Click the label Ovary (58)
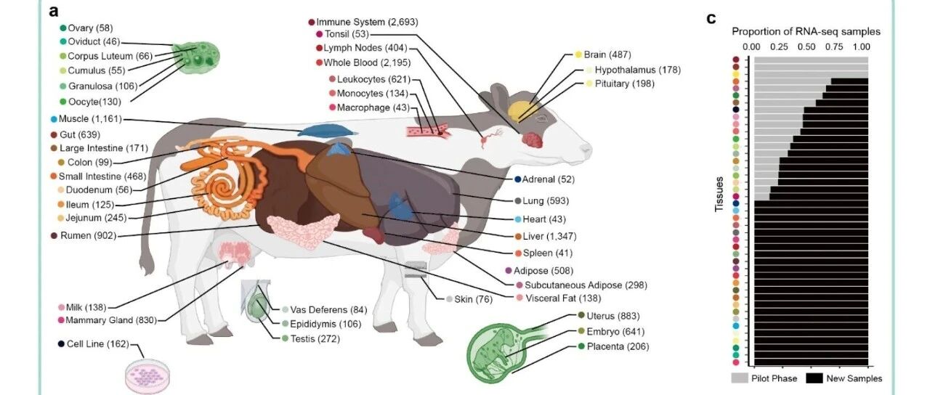point(90,28)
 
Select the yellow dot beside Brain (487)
point(578,54)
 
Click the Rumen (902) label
point(88,236)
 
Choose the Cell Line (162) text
point(98,344)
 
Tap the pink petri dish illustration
point(147,375)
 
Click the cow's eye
point(541,118)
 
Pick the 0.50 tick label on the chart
point(806,47)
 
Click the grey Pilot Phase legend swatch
point(740,378)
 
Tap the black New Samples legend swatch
point(814,378)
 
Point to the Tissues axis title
point(719,194)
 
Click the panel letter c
point(711,18)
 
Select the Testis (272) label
point(315,339)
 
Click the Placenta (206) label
point(618,346)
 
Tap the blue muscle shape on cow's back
point(327,131)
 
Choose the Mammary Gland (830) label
point(111,320)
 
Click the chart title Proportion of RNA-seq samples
point(806,31)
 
